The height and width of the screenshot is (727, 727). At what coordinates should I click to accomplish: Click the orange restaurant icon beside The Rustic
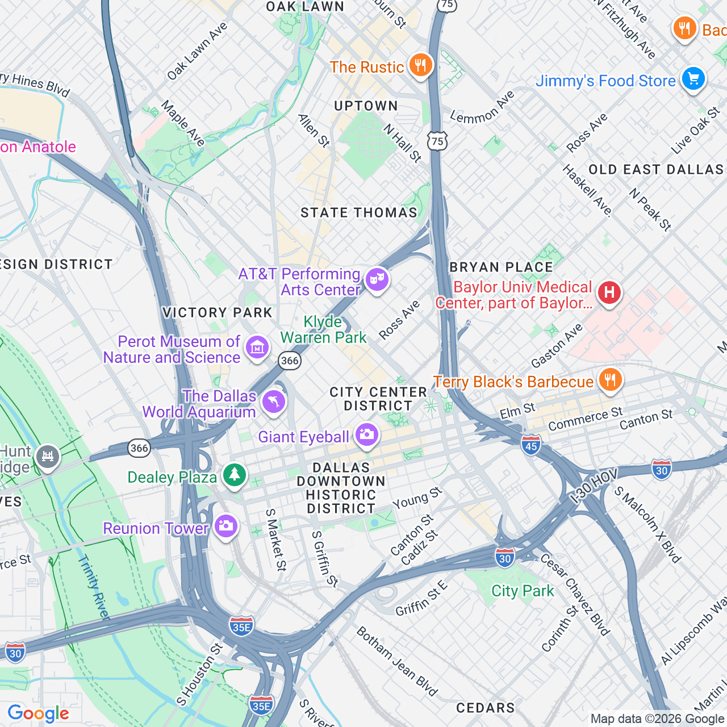420,65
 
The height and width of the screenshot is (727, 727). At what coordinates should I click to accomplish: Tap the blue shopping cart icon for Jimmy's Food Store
693,79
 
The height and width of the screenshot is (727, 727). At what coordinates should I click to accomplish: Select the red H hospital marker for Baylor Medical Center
609,293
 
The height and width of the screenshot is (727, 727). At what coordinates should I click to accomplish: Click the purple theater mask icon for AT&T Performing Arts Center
377,280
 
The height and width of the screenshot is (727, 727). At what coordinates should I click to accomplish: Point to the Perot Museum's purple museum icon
257,347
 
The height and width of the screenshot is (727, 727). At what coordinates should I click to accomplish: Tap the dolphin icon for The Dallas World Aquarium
273,402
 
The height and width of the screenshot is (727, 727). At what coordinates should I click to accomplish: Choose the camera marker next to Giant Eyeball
367,435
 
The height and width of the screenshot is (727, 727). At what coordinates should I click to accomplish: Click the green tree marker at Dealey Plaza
234,475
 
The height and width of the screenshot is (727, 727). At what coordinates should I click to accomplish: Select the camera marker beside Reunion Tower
225,526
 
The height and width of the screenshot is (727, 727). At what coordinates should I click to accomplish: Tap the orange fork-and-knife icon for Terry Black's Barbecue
610,380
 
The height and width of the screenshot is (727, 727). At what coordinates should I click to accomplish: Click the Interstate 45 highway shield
531,445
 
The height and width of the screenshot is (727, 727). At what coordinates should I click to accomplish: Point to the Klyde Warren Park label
323,330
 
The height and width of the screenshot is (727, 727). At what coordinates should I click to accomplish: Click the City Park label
523,591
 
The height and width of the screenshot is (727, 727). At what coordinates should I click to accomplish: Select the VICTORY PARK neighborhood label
218,313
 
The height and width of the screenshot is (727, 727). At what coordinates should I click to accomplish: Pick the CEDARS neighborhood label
486,708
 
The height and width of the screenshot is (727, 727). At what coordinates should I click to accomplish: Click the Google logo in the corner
39,713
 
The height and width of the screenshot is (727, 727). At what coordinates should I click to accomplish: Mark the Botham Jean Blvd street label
397,662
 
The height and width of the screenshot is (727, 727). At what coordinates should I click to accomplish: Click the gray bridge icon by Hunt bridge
48,457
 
